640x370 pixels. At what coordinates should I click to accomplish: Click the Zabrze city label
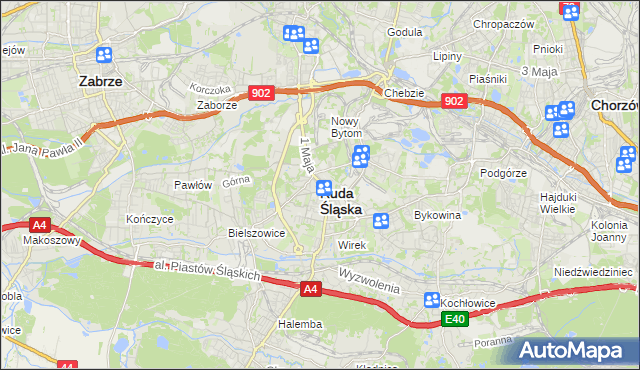coord(100,82)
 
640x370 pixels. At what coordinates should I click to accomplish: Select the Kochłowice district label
coord(472,300)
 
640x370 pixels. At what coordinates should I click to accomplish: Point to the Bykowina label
coord(437,215)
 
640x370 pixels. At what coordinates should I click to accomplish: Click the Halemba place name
coord(300,324)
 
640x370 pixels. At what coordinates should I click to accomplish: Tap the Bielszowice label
coord(257,232)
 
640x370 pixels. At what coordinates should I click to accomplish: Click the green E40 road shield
coord(456,319)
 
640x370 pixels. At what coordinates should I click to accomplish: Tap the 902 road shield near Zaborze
coord(261,92)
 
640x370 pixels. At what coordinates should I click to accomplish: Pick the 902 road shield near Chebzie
coord(454,101)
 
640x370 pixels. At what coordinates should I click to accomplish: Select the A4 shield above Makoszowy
coord(39,225)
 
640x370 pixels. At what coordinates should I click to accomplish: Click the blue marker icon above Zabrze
coord(104,56)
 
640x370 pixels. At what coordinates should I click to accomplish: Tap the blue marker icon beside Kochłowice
coord(432,300)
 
